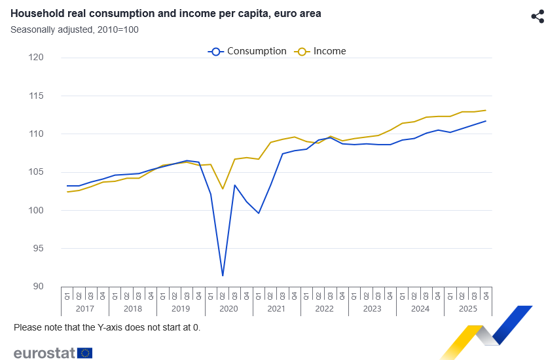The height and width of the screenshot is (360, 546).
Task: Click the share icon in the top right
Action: (537, 17)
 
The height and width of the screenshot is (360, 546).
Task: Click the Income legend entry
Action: (321, 51)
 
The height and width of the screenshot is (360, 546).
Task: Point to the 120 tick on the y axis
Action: (36, 58)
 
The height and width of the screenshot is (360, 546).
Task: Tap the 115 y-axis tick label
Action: (36, 96)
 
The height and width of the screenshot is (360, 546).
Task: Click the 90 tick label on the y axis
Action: (37, 287)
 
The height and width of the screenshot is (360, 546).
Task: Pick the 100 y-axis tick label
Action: (36, 211)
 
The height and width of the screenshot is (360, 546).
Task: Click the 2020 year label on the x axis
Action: (228, 308)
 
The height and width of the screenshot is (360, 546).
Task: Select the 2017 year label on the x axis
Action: (85, 308)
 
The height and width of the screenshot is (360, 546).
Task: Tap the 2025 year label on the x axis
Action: (468, 308)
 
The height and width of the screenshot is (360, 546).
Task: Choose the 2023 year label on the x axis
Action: (372, 308)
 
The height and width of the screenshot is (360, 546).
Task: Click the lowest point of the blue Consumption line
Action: (223, 276)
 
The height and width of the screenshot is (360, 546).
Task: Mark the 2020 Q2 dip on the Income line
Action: (223, 189)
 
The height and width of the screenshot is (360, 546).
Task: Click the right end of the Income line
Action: (486, 110)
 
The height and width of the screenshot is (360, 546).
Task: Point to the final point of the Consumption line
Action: (486, 121)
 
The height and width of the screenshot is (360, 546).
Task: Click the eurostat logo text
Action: (44, 353)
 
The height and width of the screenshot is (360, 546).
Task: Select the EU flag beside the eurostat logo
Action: (85, 353)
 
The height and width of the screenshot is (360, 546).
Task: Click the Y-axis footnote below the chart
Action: (107, 327)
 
